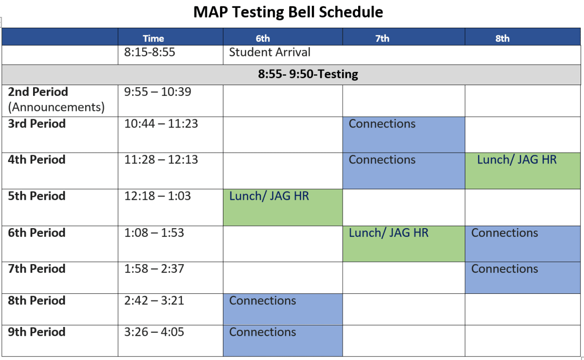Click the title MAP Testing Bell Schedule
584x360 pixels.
288,12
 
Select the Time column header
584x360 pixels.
153,38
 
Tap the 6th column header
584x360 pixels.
262,38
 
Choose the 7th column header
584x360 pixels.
383,38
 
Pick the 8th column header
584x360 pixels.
502,38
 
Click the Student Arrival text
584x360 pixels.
269,52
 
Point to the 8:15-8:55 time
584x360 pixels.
149,52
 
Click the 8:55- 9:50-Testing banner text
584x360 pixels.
308,74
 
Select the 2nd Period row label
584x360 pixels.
38,92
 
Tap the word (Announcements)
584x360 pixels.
56,107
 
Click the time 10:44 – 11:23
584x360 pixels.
161,124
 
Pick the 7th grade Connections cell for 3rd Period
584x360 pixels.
403,134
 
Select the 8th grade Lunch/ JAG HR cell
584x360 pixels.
522,170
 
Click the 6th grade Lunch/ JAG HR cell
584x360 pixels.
283,207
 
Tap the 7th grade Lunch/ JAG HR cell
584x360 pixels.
403,243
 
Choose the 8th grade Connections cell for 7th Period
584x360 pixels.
522,277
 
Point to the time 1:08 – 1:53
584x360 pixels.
154,233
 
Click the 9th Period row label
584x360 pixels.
36,332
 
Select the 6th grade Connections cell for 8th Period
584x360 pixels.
283,309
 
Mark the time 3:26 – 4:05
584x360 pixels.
154,332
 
